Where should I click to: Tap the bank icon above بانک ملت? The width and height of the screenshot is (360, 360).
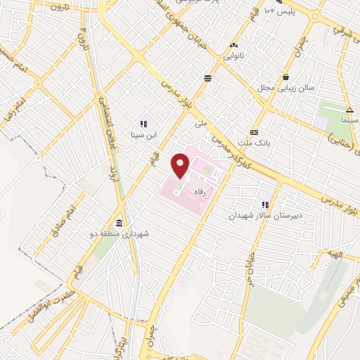254,132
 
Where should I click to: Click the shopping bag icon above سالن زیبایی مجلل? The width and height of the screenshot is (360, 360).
285,77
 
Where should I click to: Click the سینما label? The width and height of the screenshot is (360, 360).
350,120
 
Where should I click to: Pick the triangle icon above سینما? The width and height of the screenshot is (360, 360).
349,109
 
